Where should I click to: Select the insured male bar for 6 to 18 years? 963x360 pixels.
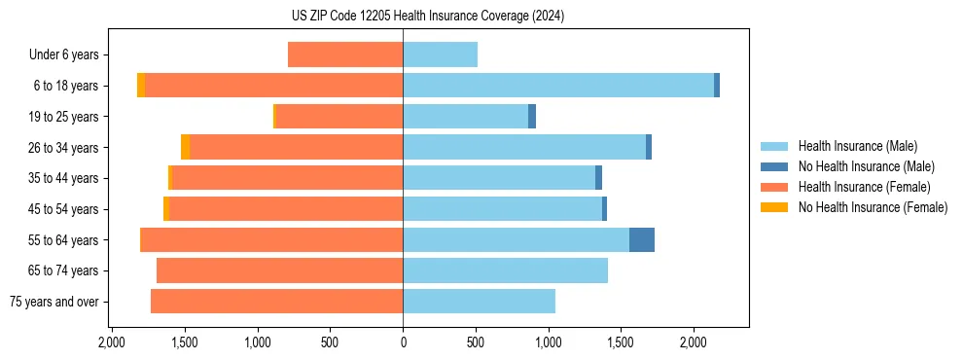point(558,86)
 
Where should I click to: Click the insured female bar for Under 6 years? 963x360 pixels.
point(345,54)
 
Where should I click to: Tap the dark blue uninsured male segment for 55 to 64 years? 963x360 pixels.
point(642,239)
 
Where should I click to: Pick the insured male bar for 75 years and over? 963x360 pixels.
point(479,302)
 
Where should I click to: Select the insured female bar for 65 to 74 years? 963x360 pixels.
point(280,270)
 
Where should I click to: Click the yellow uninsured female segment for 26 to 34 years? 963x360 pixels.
point(185,147)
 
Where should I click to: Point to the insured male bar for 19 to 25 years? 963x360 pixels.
point(465,117)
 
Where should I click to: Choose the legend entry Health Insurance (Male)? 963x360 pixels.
point(856,146)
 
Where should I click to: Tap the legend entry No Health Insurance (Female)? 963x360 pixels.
point(873,207)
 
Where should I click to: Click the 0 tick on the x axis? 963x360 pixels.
point(403,342)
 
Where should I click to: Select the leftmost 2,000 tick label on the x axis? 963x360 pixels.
point(112,342)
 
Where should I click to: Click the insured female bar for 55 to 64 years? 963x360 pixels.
point(272,239)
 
